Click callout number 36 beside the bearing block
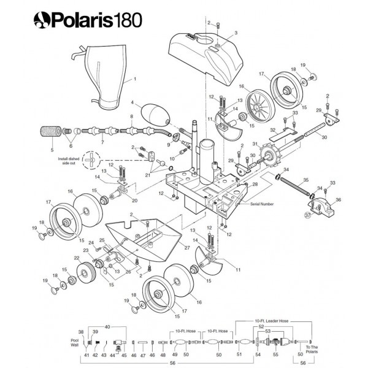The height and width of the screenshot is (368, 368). coord(340,198)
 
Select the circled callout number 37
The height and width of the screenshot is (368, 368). coord(308,215)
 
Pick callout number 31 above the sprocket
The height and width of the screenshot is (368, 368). coord(254,144)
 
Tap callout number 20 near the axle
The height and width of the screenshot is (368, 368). coord(134,200)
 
